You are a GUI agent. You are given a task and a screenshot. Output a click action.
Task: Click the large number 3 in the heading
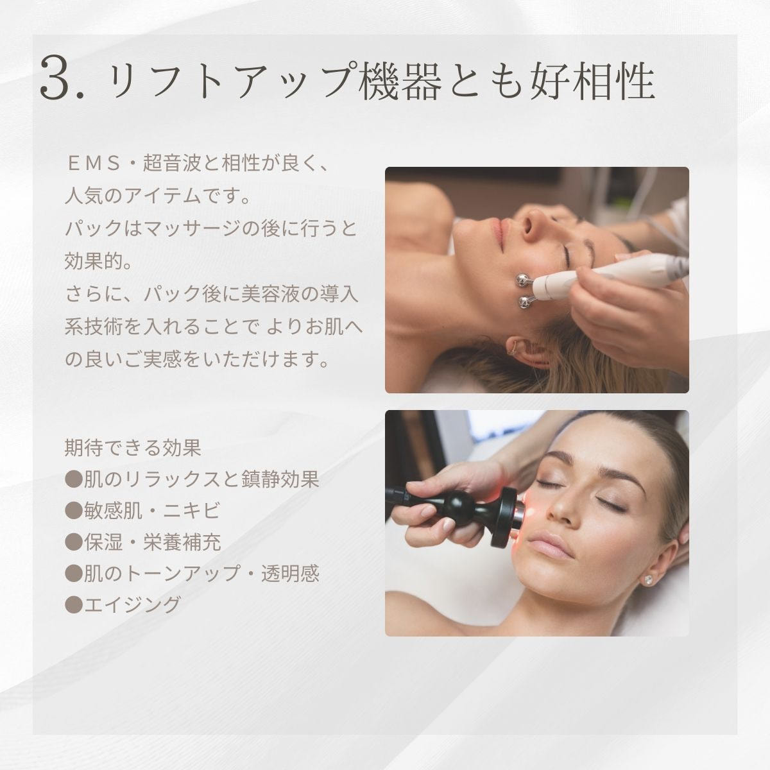(56, 78)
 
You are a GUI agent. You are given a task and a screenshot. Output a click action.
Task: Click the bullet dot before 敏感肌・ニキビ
(74, 510)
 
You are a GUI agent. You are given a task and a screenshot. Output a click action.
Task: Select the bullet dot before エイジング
(74, 604)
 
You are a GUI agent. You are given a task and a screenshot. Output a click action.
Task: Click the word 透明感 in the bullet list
(291, 573)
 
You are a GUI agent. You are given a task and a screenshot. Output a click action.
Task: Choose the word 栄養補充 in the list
(182, 542)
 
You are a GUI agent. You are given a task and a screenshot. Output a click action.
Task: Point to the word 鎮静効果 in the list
(280, 479)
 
